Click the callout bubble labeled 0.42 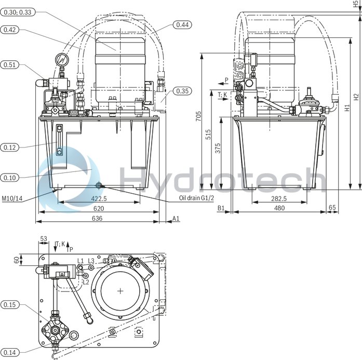[10, 30]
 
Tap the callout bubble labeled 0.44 [182, 24]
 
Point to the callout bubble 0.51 [10, 65]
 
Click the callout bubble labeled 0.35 [182, 91]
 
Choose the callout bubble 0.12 [10, 147]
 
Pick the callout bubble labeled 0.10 [10, 178]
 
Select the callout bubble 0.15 [10, 304]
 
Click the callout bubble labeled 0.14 [10, 353]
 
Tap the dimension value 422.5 [99, 198]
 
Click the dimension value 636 [97, 218]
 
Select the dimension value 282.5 [279, 198]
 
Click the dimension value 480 [279, 208]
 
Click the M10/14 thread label [12, 198]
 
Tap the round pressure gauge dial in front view [63, 60]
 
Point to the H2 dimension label [356, 96]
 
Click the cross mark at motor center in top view [120, 291]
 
